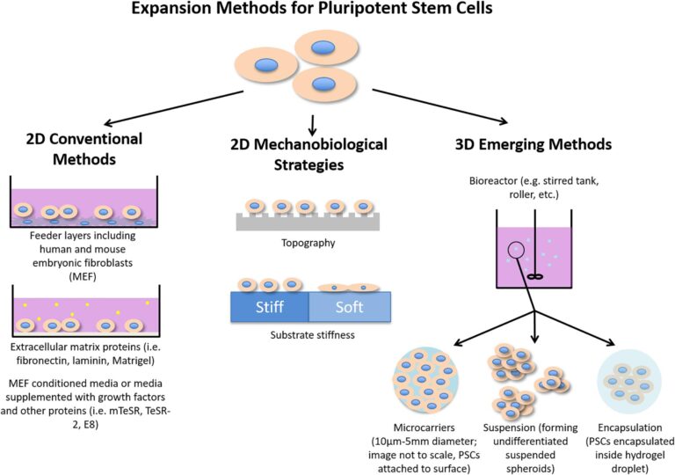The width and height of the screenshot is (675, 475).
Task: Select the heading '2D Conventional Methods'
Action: point(78,149)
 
